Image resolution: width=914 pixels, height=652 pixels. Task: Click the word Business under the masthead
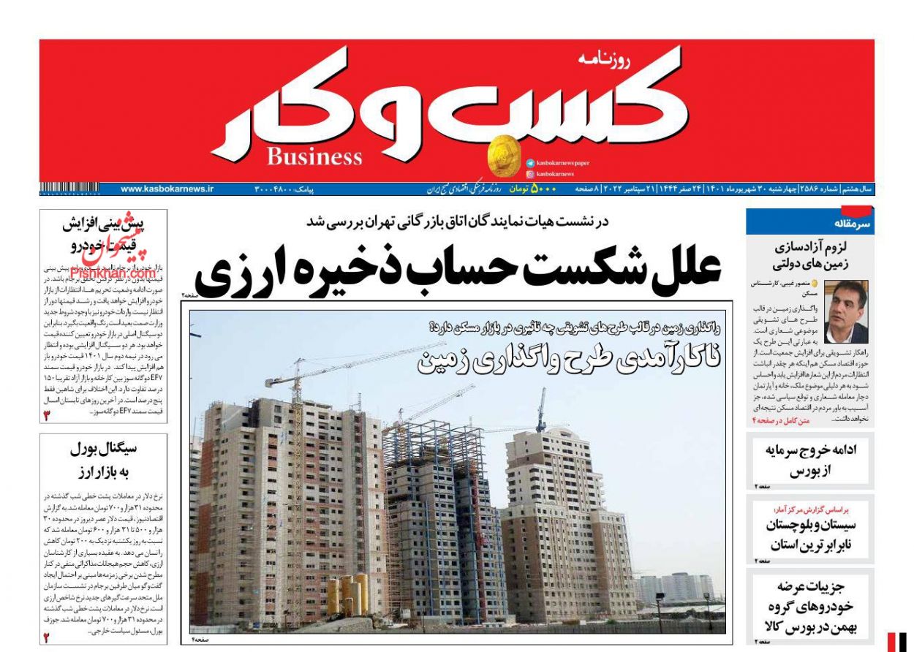coord(314,156)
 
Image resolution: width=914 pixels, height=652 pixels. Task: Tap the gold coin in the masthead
coord(504,156)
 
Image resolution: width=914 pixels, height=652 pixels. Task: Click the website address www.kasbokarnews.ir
coord(167,189)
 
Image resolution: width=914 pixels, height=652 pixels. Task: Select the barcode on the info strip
coord(69,189)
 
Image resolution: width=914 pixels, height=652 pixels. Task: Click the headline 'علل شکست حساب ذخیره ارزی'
coord(458,270)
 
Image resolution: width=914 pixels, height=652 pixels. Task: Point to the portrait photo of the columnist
coord(845,311)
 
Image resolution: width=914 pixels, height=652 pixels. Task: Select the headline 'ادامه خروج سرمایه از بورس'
coord(810,460)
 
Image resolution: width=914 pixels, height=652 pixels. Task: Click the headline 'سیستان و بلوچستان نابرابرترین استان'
coord(810,534)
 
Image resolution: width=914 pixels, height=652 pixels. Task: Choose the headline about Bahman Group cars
coord(810,607)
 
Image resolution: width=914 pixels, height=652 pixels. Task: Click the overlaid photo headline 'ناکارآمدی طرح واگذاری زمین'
coord(568,359)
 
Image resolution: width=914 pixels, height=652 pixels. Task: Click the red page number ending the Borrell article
coord(45,637)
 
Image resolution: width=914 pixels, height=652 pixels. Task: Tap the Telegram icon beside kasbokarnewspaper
coord(529,163)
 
